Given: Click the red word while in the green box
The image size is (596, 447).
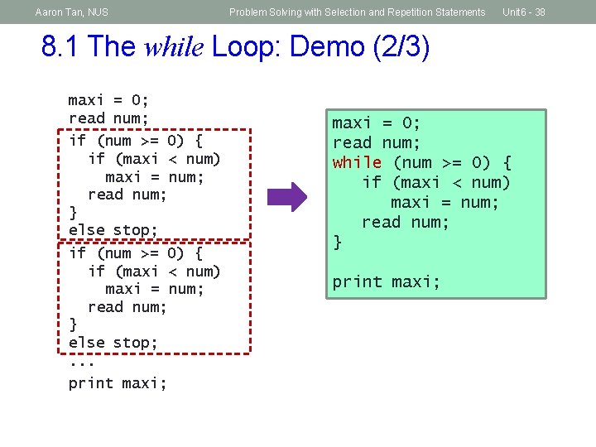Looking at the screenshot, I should pos(357,163).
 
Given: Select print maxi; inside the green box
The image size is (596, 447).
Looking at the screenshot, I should pos(386,282).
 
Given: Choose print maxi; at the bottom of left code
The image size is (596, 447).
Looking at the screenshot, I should pos(118,383).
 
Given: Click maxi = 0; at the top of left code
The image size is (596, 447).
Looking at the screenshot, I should pos(108,101).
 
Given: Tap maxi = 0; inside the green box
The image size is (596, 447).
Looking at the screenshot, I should pos(376,123).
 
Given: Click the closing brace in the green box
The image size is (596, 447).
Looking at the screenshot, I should pos(337,243).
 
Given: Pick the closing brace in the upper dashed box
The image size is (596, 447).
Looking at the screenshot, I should pos(73,212).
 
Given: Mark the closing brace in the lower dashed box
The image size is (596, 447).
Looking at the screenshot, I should pos(73,324).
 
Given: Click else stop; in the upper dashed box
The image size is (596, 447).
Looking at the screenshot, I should pos(113,229).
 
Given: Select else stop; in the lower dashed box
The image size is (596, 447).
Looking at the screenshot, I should pos(113,342).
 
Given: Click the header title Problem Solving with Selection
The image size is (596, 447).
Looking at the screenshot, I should pos(357,12).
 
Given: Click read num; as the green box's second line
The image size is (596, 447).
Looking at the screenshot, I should pos(376,143).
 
